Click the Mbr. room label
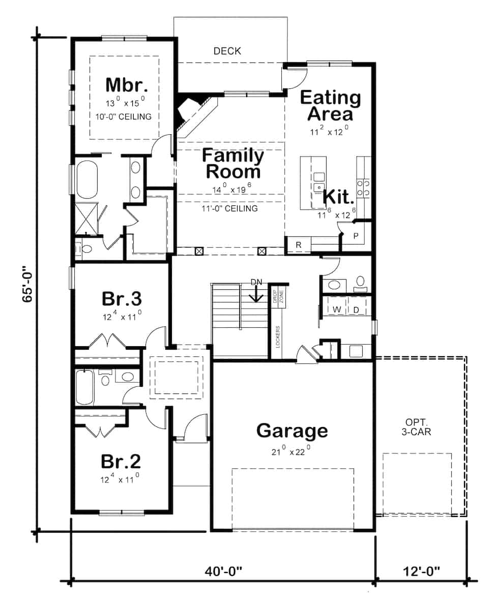click(124, 84)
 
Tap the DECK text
click(227, 51)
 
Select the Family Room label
click(233, 163)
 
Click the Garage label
click(292, 431)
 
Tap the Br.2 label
click(121, 462)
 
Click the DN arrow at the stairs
click(257, 293)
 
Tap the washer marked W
click(336, 310)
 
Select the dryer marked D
click(356, 310)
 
